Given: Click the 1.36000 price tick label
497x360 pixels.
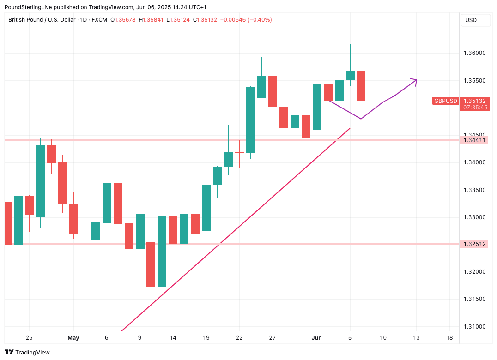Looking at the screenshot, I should (x=474, y=53).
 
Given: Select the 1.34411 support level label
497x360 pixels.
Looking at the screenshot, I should (x=474, y=140).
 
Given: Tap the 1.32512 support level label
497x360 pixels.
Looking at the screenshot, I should (x=474, y=244).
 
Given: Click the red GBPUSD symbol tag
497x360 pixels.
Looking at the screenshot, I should (x=445, y=101).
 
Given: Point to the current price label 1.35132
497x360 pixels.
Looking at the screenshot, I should (x=474, y=101).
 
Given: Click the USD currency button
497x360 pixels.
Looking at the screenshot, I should (x=471, y=20).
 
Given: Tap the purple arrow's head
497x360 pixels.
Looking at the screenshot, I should (x=415, y=80).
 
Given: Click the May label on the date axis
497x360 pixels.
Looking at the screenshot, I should (x=73, y=338).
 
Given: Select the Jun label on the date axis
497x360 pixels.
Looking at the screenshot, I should (x=317, y=338).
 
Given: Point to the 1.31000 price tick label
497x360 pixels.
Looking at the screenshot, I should (x=474, y=327).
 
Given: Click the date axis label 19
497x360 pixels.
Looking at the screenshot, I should (x=206, y=338).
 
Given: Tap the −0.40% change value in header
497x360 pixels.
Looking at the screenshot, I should (x=260, y=20).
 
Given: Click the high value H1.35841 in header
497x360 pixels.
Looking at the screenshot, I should (x=152, y=20).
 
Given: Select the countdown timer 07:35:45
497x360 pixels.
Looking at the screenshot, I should (x=474, y=107).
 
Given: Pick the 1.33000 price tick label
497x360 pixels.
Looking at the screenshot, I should (x=474, y=217).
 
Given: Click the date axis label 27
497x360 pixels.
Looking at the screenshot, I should (x=273, y=338).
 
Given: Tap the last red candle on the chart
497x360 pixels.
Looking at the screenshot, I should (x=361, y=85).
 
